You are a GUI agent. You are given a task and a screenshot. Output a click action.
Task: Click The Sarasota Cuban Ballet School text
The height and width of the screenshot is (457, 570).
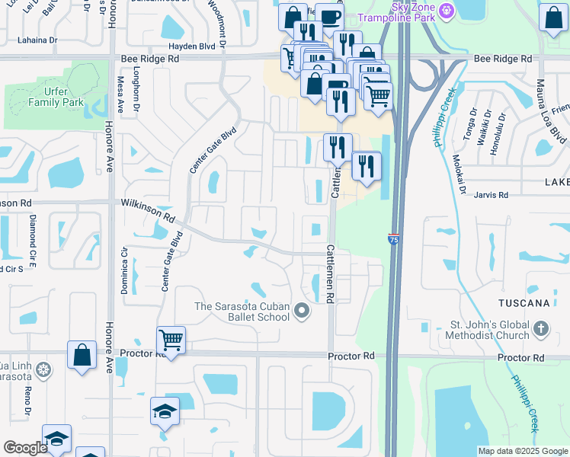point(242,312)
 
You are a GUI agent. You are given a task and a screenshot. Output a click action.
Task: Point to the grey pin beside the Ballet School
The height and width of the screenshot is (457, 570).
point(303,311)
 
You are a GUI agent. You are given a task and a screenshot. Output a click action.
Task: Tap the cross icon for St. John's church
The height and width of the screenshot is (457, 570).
point(540,329)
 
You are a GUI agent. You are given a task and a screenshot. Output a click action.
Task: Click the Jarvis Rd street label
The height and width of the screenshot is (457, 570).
point(492,196)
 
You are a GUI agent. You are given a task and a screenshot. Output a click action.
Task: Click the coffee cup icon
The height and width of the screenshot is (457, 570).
point(329,17)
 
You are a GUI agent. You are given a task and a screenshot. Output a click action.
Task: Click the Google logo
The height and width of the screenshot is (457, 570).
point(25,448)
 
